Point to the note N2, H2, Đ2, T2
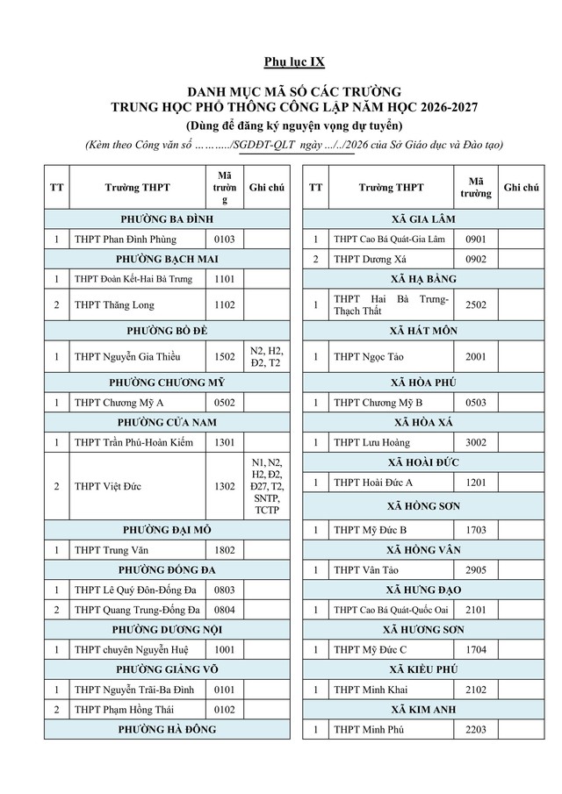tap(265, 356)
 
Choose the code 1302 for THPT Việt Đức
tap(224, 486)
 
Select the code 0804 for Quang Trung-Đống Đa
tap(224, 610)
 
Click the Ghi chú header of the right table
tap(521, 188)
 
